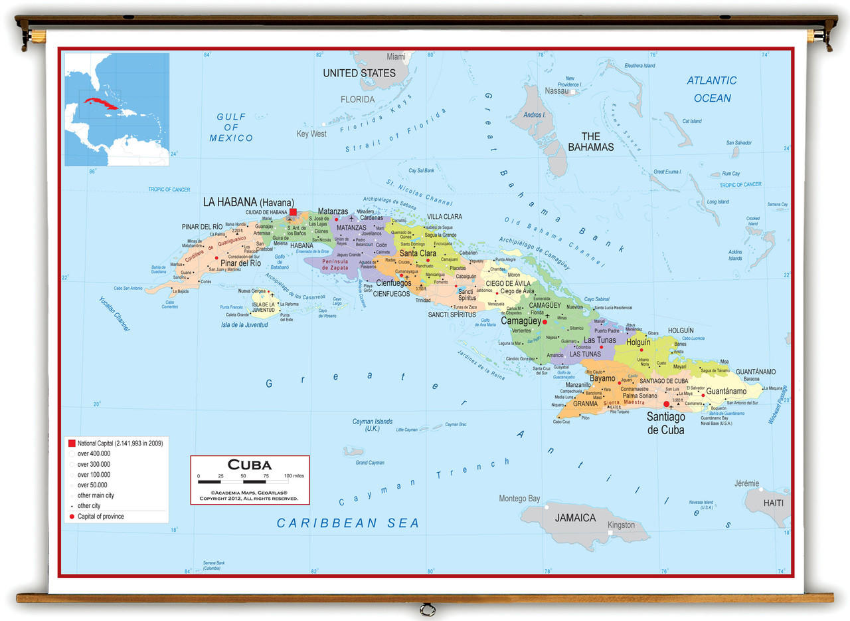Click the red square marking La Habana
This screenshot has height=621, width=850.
tap(293, 211)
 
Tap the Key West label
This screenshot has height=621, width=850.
tap(311, 134)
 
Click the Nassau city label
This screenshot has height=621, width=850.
tap(556, 91)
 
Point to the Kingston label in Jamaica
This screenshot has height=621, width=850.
tap(621, 525)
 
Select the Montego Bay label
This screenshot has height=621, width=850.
tap(519, 499)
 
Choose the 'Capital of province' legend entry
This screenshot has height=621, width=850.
tap(100, 517)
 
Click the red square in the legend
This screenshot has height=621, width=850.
tap(72, 443)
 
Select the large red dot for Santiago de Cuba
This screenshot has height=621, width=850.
tap(666, 404)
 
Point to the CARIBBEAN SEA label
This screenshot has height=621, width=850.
tap(348, 523)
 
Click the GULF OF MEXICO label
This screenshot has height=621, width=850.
tap(231, 127)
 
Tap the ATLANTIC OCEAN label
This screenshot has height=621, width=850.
tap(712, 89)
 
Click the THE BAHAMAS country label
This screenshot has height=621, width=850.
tap(590, 142)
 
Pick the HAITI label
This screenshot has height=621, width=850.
tap(773, 503)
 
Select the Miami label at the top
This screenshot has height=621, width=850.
tap(396, 57)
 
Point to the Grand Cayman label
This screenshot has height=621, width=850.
tap(370, 463)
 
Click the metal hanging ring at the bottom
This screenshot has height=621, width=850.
tap(427, 609)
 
